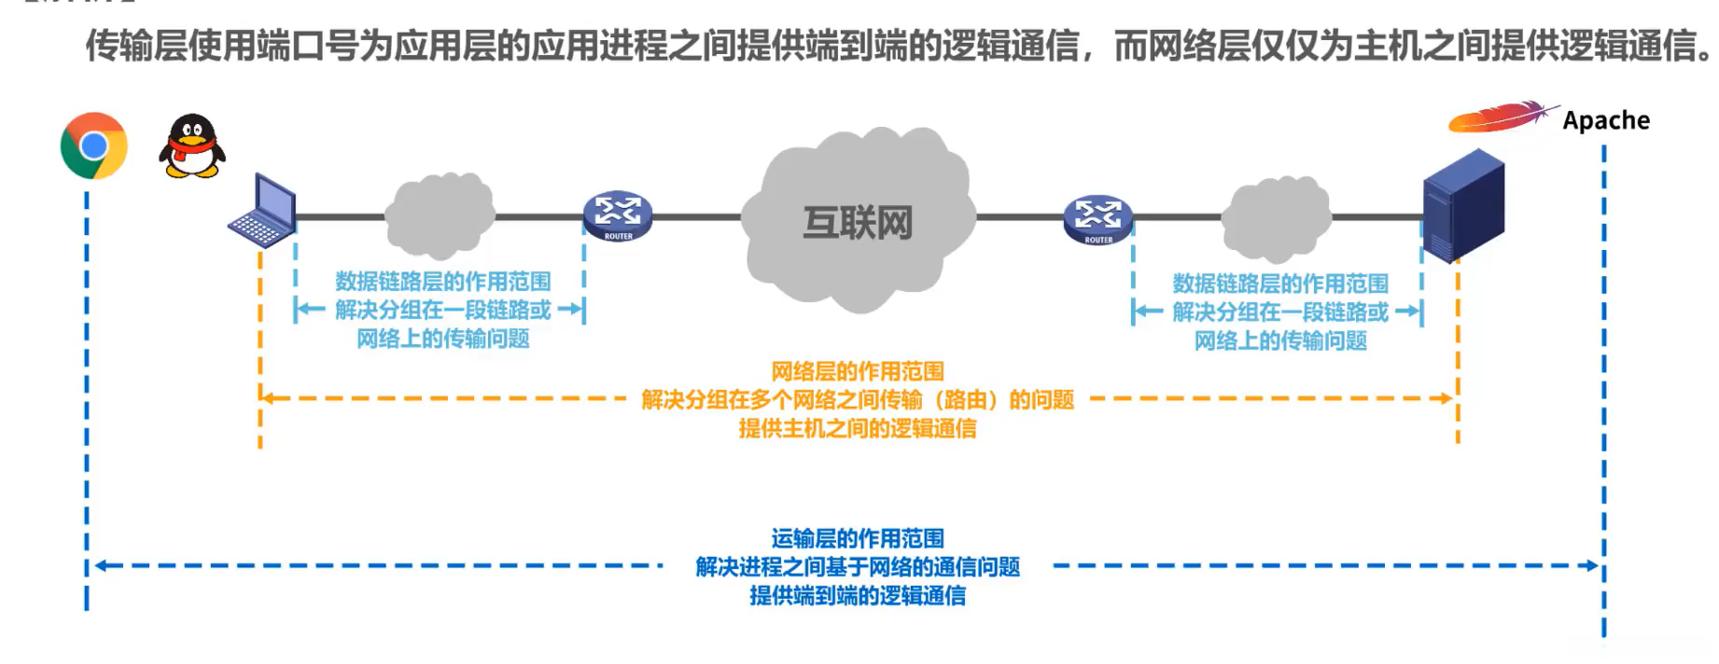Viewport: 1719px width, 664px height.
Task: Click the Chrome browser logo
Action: (x=93, y=146)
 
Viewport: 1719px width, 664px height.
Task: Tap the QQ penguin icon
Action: (x=192, y=147)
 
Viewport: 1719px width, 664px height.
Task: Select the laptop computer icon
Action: (x=264, y=212)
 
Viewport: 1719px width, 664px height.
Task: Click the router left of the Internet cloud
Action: (x=617, y=215)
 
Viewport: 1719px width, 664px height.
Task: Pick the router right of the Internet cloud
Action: (x=1097, y=218)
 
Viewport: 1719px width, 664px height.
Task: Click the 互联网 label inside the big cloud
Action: (x=858, y=223)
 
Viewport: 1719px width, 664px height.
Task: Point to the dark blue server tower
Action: (x=1462, y=205)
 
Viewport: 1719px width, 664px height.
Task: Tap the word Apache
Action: (x=1605, y=120)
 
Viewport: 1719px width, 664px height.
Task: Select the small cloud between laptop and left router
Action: (x=439, y=215)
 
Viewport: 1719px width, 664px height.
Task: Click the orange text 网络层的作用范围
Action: (x=857, y=371)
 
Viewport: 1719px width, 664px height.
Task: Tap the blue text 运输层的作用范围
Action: (x=857, y=538)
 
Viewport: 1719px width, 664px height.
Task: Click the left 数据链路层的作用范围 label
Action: (x=442, y=281)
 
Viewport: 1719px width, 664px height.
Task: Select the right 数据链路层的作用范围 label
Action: (x=1279, y=283)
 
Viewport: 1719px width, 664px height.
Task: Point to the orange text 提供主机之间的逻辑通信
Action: (x=857, y=428)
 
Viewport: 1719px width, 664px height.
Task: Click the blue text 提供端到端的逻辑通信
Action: (x=857, y=595)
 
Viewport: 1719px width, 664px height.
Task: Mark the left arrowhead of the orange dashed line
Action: (x=267, y=398)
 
